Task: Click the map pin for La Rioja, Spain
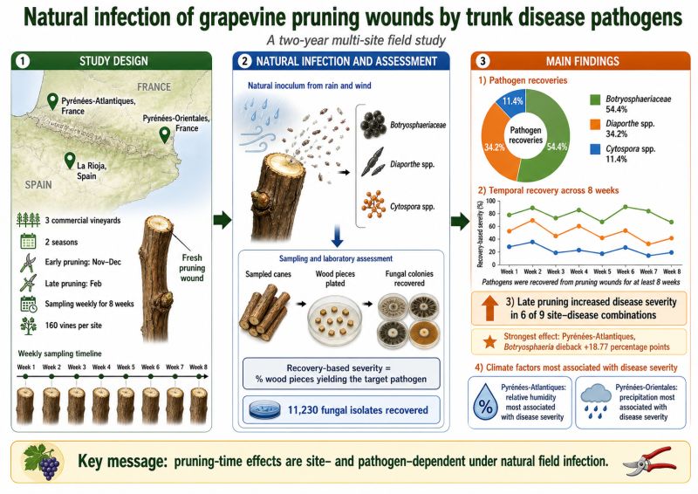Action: coord(70,161)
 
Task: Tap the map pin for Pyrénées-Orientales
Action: coord(165,134)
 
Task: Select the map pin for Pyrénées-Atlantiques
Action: coord(52,101)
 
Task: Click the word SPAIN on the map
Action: coord(38,184)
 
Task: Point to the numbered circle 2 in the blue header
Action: coord(245,61)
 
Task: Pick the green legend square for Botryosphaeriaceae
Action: coord(595,99)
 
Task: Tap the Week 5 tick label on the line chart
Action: coord(602,271)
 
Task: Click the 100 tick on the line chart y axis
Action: coord(490,201)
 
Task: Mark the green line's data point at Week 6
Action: coord(626,207)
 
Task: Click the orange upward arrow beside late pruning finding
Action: coord(489,308)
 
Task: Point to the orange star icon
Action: coord(490,342)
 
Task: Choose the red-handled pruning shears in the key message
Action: coord(650,461)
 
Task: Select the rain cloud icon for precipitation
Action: coord(596,401)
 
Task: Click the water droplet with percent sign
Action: coord(485,402)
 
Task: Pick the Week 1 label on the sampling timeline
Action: coord(26,367)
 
